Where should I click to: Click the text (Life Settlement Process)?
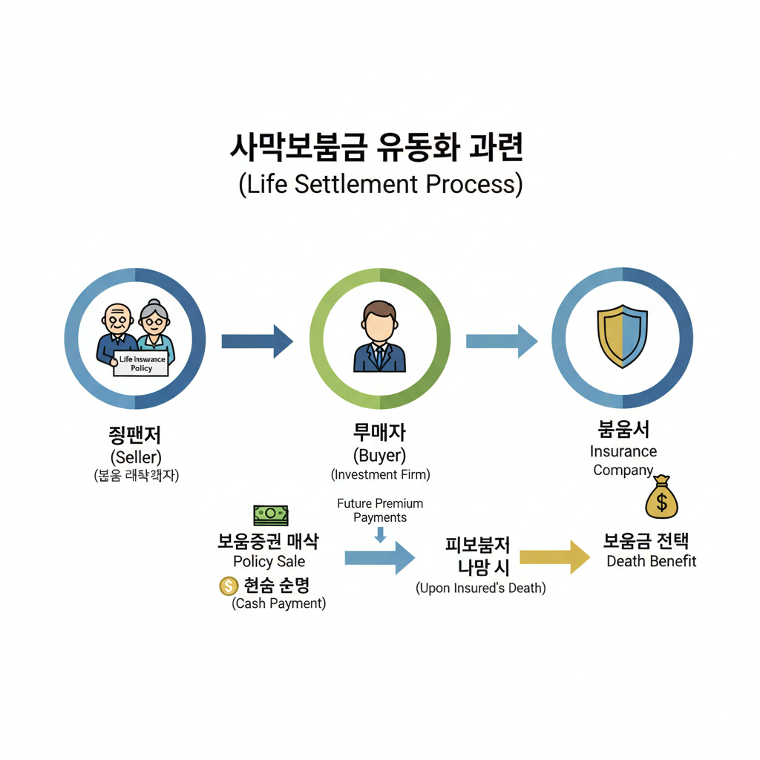[x=380, y=184]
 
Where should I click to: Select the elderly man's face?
[x=117, y=319]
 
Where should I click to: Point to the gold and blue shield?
[x=623, y=338]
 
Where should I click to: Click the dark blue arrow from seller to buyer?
[x=257, y=341]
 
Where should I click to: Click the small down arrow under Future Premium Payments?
[x=381, y=534]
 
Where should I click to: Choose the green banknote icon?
[x=271, y=514]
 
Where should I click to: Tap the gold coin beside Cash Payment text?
[x=227, y=586]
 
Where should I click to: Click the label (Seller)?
[x=136, y=456]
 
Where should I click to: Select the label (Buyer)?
[x=380, y=455]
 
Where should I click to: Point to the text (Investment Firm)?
[x=380, y=474]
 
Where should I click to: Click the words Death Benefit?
[x=651, y=561]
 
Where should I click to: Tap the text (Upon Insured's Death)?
[x=480, y=588]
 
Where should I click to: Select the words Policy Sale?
[x=269, y=561]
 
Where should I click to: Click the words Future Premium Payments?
[x=380, y=510]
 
